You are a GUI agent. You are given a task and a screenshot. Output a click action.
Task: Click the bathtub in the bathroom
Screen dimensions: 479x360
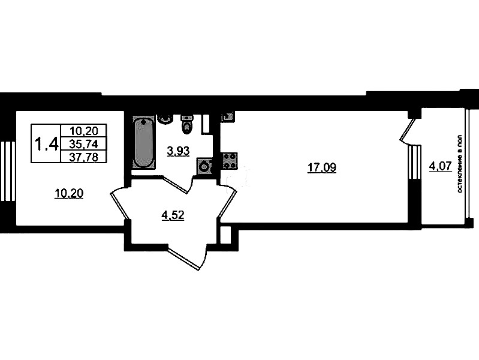click(x=143, y=142)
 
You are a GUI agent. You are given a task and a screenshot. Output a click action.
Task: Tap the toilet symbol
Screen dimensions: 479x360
click(x=186, y=124)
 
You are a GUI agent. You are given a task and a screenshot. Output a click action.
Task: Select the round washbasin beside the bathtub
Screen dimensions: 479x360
click(x=165, y=119)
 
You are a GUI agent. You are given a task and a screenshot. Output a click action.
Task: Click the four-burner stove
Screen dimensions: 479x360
click(x=230, y=160)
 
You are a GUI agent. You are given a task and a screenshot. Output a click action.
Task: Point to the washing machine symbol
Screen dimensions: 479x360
click(x=204, y=167)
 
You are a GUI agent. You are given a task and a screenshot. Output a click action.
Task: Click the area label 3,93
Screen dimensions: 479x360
click(x=179, y=151)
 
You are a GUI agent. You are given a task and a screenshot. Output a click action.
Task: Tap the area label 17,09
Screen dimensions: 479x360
click(x=322, y=167)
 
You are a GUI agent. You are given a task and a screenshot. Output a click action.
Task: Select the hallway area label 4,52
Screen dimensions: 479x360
click(x=173, y=215)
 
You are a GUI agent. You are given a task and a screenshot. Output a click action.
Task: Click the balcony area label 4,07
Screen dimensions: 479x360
click(x=440, y=167)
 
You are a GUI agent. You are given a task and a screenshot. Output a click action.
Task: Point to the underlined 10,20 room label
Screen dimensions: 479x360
click(x=69, y=194)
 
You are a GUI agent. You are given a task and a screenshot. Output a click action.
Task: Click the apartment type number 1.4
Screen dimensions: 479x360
click(x=46, y=144)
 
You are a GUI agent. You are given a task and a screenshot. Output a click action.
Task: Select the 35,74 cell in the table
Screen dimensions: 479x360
click(x=84, y=144)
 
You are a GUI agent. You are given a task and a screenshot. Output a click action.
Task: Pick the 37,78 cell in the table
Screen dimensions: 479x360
click(x=84, y=157)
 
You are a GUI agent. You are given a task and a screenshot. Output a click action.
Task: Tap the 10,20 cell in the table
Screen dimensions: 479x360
click(x=84, y=131)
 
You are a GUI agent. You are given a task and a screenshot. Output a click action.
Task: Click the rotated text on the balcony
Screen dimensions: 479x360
click(x=460, y=164)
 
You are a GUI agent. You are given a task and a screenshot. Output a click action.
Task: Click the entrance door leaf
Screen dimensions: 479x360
click(x=183, y=259)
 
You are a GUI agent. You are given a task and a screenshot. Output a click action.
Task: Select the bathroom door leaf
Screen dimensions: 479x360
click(x=175, y=185)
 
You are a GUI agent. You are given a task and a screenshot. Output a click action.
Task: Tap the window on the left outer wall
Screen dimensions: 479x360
click(x=8, y=171)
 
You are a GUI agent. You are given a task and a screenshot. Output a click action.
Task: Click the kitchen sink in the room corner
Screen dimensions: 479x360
click(x=228, y=116)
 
